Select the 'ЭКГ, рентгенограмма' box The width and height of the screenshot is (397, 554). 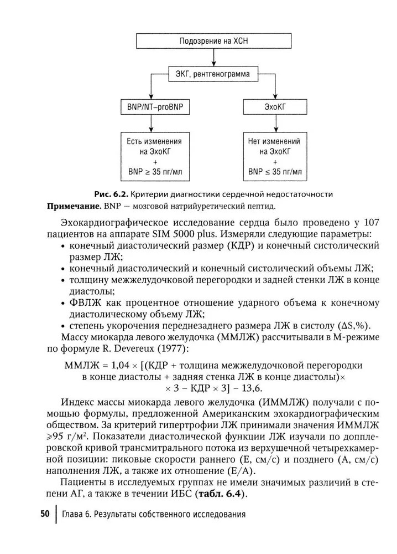212,73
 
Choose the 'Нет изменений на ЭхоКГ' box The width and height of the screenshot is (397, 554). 275,156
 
